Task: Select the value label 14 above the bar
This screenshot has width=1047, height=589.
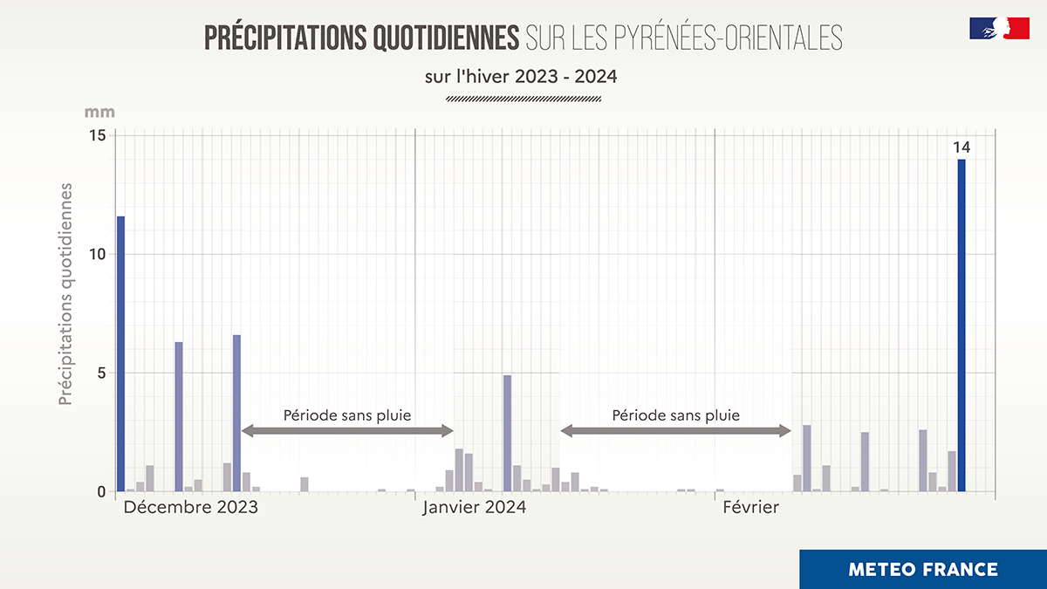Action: click(961, 147)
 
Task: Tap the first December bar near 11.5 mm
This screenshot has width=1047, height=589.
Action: click(121, 353)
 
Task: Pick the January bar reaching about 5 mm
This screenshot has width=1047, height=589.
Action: click(507, 433)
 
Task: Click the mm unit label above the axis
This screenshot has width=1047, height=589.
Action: click(99, 113)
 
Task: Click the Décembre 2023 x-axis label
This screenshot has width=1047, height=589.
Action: click(190, 507)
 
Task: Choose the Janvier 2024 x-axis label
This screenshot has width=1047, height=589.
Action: click(475, 507)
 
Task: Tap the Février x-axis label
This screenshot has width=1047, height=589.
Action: click(750, 507)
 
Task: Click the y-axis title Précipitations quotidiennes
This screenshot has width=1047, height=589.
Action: click(65, 294)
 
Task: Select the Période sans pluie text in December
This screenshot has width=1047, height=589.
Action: click(347, 415)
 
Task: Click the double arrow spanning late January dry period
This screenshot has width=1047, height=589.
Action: click(675, 431)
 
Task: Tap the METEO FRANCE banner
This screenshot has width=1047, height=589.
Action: click(922, 570)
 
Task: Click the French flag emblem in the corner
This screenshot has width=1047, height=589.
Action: click(999, 28)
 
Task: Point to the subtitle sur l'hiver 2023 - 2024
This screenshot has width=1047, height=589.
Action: click(521, 77)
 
